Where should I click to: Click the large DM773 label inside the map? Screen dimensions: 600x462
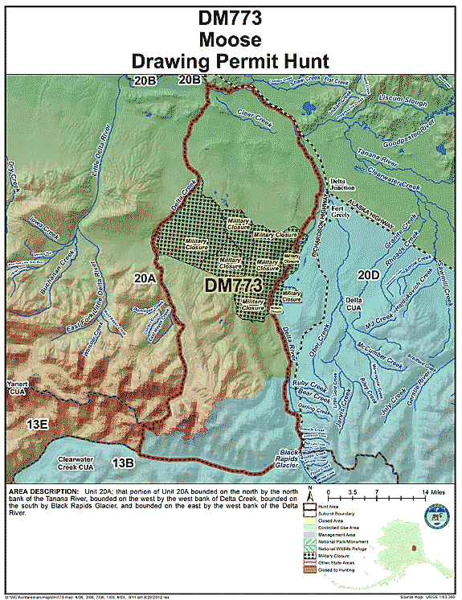tap(233, 286)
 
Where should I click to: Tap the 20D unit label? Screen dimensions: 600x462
tap(368, 275)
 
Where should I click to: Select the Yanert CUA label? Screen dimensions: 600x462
tap(18, 388)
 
